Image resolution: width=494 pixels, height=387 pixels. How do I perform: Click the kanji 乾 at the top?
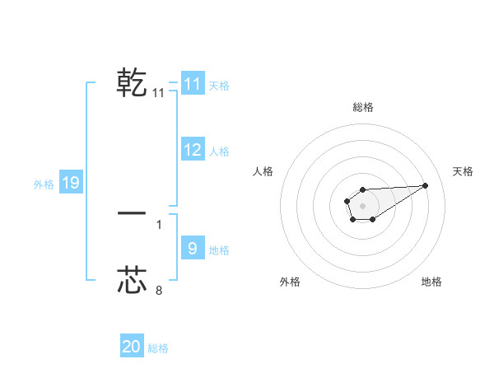coord(132,83)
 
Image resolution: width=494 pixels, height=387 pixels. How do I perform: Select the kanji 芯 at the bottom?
coord(132,280)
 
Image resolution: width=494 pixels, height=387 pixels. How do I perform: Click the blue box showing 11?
coord(192,84)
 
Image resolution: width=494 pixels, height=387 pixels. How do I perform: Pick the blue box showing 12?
coord(192,150)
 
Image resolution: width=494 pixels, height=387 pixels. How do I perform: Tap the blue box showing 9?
coord(192,249)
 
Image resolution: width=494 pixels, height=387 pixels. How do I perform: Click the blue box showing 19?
coord(70,183)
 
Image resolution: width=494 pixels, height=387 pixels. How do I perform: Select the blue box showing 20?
coord(132,347)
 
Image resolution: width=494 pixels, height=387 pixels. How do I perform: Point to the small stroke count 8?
coord(159,290)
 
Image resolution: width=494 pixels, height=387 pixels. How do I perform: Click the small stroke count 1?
coord(159,224)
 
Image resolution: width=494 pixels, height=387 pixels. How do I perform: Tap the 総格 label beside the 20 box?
coord(158,348)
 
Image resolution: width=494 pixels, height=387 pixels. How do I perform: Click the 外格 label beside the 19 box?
coord(44,184)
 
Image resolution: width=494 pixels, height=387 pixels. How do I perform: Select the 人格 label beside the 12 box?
coord(219,152)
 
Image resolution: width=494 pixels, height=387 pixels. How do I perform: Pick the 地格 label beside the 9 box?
coord(219,250)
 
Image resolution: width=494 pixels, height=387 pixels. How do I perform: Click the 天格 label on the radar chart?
coord(463,171)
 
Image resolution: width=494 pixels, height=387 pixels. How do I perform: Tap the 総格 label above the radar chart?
coord(362,107)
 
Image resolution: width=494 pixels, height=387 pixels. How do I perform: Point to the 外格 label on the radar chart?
coord(290,282)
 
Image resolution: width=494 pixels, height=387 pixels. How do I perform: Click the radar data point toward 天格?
coord(426,184)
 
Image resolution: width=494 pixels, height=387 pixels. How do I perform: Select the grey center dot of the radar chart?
coord(362,205)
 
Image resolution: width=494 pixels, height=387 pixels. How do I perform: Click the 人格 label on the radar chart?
coord(263,171)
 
